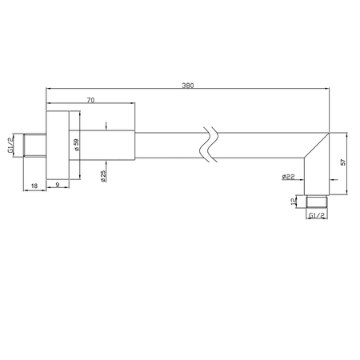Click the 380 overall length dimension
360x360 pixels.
(x=188, y=86)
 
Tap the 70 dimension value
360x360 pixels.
(x=90, y=100)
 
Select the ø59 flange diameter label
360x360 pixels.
(x=77, y=145)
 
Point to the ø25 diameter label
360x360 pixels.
(x=103, y=176)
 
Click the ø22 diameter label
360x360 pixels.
(x=288, y=177)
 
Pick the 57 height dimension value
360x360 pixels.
(x=343, y=162)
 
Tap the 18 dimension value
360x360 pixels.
(x=34, y=186)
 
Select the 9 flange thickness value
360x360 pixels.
(x=58, y=184)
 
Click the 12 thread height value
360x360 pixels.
(x=294, y=202)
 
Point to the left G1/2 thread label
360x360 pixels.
(x=10, y=146)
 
